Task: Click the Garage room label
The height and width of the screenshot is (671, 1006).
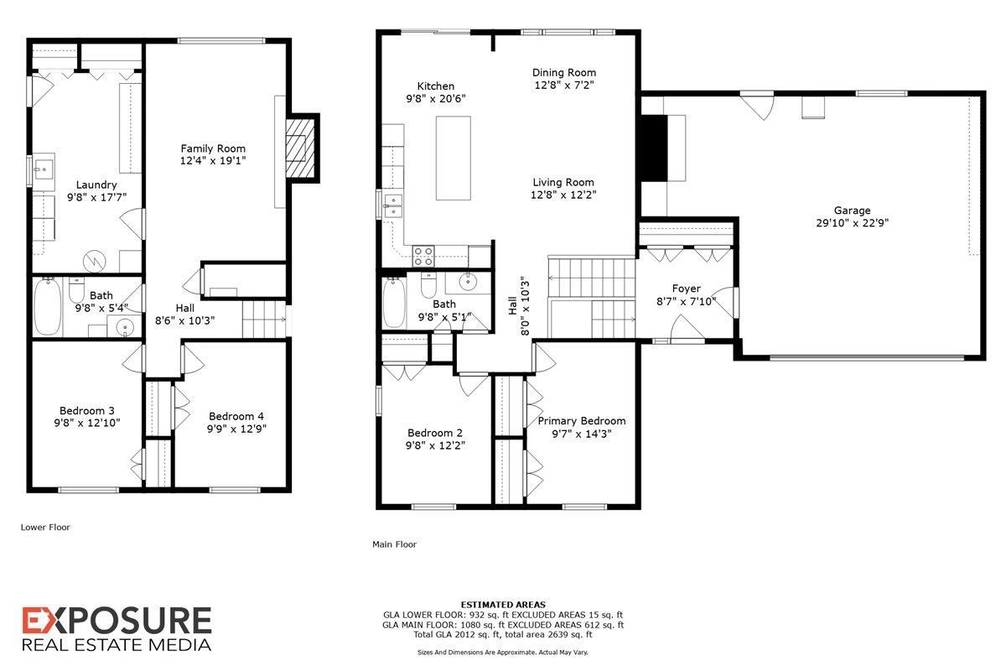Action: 852,211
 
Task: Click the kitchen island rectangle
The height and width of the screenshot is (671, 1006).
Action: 454,159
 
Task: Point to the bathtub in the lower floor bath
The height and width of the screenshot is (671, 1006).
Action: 47,306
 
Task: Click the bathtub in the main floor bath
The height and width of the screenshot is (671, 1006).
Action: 394,303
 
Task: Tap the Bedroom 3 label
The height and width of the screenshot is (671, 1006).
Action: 87,410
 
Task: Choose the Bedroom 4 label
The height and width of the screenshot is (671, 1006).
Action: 236,416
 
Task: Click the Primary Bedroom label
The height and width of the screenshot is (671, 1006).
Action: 582,421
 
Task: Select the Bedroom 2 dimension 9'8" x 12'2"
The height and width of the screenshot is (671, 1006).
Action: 436,445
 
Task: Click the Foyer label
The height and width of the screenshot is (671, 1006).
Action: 687,289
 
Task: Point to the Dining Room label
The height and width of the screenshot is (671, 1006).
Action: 564,72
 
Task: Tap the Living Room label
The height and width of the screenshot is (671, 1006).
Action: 564,182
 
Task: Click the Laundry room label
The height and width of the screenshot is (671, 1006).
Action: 96,185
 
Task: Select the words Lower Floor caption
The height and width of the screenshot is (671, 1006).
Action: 45,528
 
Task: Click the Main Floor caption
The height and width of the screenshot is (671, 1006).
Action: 394,544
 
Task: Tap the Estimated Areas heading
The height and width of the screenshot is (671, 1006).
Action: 503,604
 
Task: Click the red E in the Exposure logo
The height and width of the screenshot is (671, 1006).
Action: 35,622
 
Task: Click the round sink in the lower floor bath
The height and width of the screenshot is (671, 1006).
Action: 126,327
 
